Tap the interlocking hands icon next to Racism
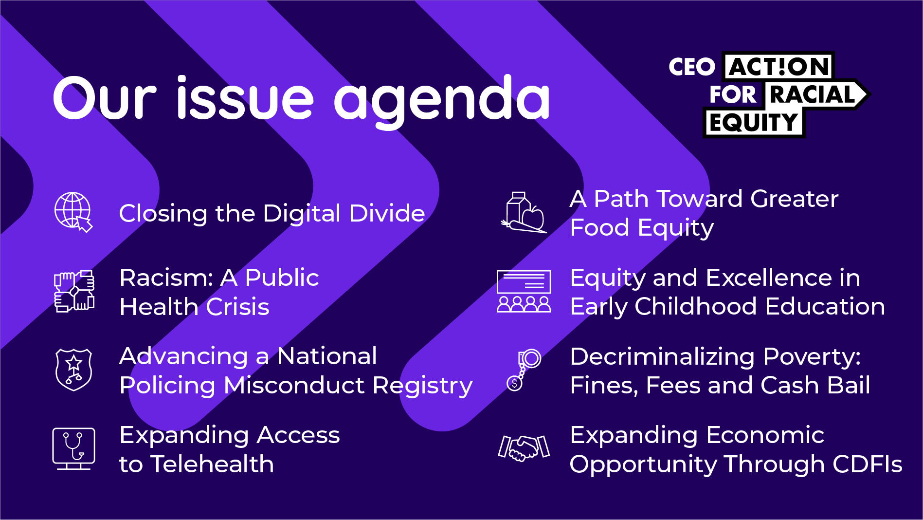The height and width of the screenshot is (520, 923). pos(74,291)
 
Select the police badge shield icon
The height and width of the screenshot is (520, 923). pos(73,370)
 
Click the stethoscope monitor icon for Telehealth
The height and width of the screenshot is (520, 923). pos(73,448)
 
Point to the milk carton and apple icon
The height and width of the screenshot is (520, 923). pos(524,212)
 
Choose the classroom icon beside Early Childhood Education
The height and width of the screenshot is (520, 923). pos(524,291)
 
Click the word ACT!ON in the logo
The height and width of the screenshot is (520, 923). pos(779,67)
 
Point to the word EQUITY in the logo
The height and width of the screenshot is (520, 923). pos(753,123)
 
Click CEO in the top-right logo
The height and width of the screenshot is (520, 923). pos(691,67)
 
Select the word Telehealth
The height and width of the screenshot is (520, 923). pos(213,464)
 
